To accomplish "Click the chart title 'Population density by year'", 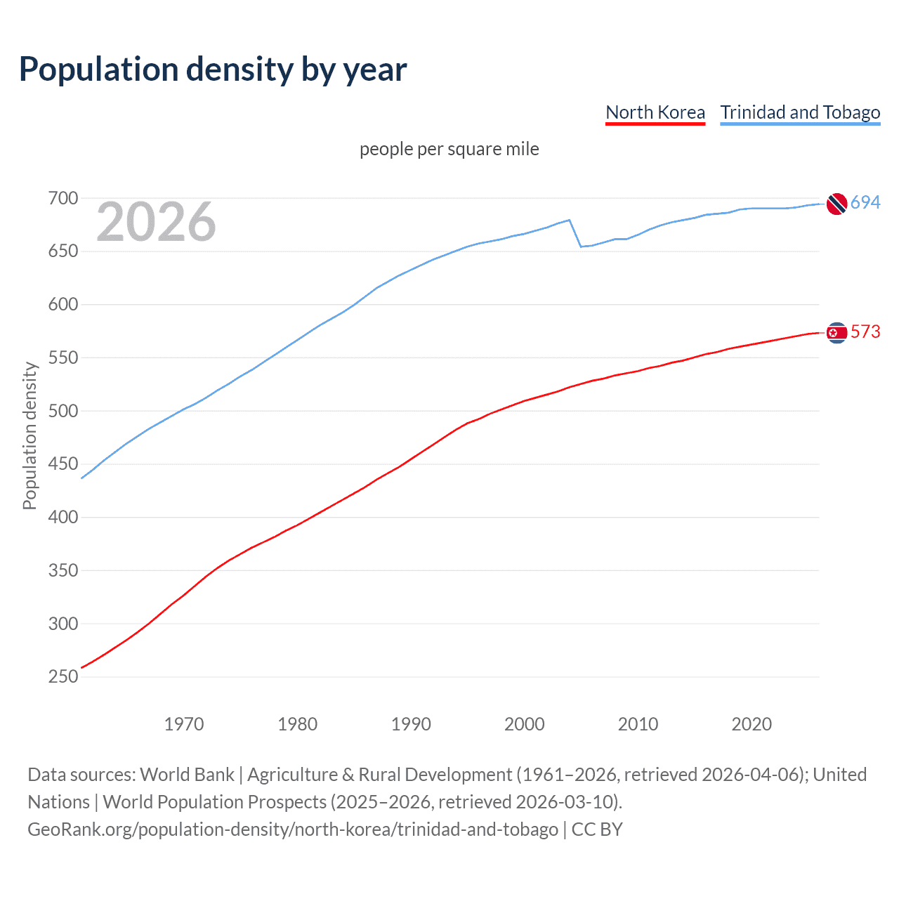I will click(x=213, y=70).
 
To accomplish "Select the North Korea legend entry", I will click(x=655, y=112).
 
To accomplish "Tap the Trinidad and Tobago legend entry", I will click(x=800, y=112).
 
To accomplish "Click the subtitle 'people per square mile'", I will click(x=449, y=149).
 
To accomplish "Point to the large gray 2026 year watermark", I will click(x=156, y=222).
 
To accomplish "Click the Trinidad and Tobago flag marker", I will click(x=836, y=204).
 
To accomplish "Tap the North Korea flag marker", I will click(x=836, y=332).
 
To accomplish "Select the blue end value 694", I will click(x=865, y=202).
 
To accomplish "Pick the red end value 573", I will click(x=865, y=332).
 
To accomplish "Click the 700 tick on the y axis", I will click(x=63, y=198).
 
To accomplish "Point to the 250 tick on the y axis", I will click(x=63, y=677).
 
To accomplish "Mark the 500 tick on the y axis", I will click(x=63, y=411).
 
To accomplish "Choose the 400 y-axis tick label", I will click(x=63, y=518).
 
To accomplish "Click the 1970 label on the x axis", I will click(x=184, y=724).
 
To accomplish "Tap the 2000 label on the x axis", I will click(x=524, y=724).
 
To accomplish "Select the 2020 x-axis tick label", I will click(x=752, y=724).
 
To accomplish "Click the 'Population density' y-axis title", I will click(x=29, y=435).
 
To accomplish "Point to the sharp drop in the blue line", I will click(x=575, y=234).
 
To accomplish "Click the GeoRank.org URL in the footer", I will click(x=293, y=829).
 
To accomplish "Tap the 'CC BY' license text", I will click(x=597, y=829).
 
